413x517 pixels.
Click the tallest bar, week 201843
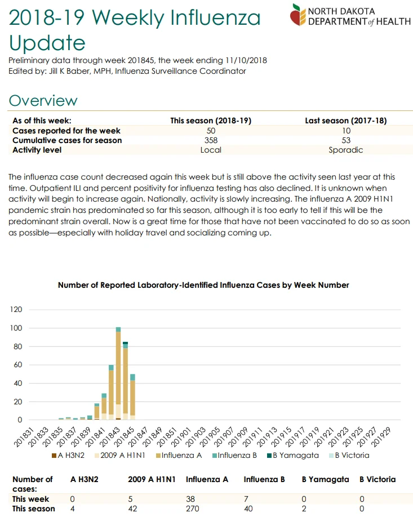[118, 373]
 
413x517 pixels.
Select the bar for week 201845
[132, 397]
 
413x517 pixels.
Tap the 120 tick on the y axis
[16, 309]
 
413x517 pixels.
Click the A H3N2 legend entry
[68, 456]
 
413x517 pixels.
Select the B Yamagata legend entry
[293, 456]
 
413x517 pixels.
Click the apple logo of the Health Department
[298, 15]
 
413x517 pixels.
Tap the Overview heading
[43, 101]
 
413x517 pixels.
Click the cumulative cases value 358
[211, 140]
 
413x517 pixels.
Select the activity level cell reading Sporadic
[346, 150]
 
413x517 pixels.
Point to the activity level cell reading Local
[211, 150]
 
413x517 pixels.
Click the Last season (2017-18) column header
[346, 121]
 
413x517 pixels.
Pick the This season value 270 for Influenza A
[193, 509]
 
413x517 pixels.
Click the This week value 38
[190, 499]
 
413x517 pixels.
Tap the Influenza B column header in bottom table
[264, 479]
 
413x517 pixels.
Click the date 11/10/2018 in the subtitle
[246, 60]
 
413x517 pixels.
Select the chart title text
[203, 285]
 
